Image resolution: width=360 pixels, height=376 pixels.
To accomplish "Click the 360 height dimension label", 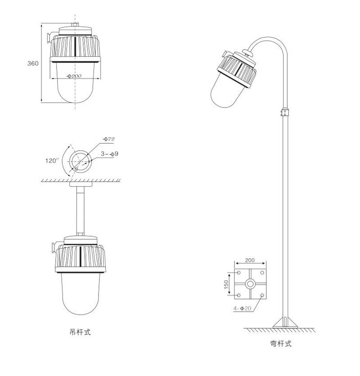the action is (x=33, y=63).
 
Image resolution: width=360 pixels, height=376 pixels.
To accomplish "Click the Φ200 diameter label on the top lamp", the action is (x=74, y=76).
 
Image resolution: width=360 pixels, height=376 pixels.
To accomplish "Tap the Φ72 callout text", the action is (x=109, y=139).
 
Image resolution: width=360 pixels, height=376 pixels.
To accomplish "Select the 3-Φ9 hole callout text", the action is (x=109, y=154).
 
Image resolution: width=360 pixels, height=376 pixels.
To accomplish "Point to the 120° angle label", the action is (x=52, y=161).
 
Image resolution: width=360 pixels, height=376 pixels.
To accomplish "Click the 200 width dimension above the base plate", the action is (x=250, y=260).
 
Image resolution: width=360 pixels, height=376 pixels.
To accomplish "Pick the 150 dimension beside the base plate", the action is (x=226, y=284).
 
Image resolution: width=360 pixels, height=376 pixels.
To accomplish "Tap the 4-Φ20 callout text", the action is (x=242, y=309).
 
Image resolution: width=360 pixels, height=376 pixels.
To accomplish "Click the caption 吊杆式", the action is (x=80, y=332).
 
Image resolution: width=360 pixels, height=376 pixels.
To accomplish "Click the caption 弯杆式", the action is (x=280, y=344).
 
